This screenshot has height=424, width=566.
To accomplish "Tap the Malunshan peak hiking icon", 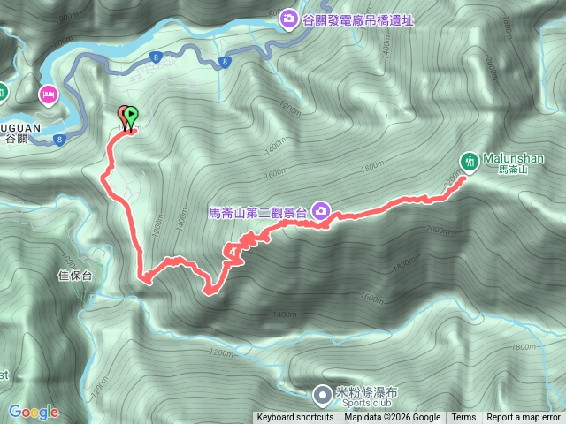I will click(x=469, y=160).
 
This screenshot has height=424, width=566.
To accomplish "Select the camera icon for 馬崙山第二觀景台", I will click(x=321, y=211).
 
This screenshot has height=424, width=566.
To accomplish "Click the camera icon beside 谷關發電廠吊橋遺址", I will click(x=289, y=19).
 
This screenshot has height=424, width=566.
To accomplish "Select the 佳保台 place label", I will click(x=74, y=276).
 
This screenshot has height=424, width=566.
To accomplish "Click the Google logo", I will click(x=34, y=412).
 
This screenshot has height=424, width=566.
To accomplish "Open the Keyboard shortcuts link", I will click(x=295, y=418).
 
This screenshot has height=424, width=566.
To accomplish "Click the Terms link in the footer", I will click(x=463, y=418).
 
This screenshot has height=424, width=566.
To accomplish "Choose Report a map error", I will click(x=524, y=418).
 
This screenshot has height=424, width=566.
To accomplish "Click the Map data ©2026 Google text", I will click(x=393, y=418).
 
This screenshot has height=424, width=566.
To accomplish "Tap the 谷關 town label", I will click(x=17, y=138).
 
